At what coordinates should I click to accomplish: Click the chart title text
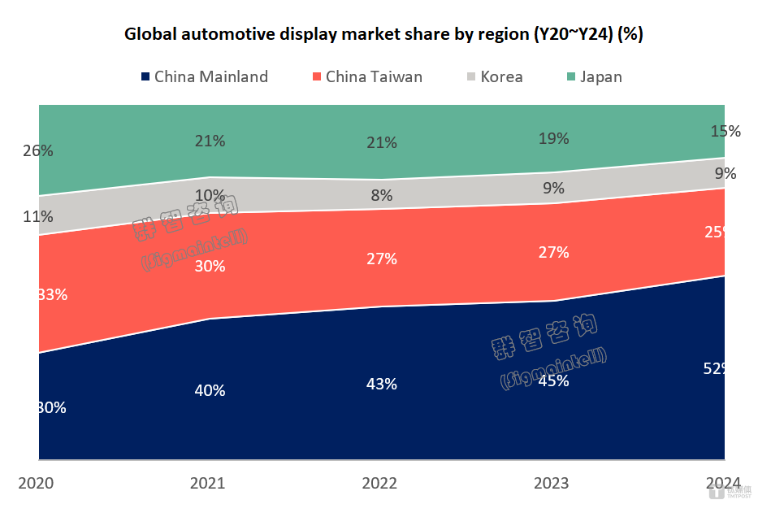tap(384, 34)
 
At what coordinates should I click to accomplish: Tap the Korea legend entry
tap(495, 77)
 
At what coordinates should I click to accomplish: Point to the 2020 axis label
tap(36, 484)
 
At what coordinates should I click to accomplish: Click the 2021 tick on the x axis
tap(208, 484)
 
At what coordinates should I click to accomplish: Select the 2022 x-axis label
tap(379, 484)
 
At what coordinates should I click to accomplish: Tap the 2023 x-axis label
tap(552, 484)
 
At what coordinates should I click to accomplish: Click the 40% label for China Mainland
tap(210, 390)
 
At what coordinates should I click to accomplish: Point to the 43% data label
tap(381, 384)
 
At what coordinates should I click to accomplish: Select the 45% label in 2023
tap(553, 380)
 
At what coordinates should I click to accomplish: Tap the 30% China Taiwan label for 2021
tap(210, 266)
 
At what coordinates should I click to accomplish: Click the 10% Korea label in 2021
tap(210, 195)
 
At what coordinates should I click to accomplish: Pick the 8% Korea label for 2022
tap(381, 195)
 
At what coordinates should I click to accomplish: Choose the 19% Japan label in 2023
tap(553, 139)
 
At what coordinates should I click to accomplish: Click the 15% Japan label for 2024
tap(725, 131)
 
